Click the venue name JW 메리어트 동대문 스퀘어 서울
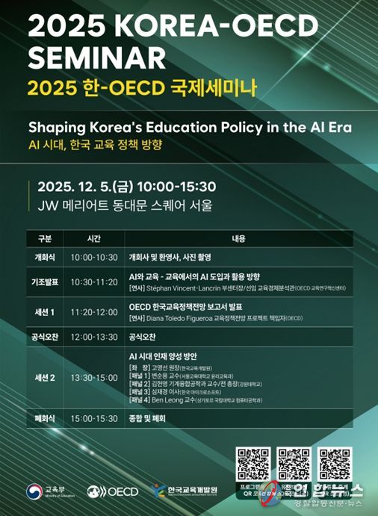coord(120,204)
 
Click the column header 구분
coord(45,239)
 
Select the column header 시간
coord(94,239)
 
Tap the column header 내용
coord(239,239)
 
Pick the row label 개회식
coord(45,256)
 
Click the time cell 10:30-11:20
coord(94,282)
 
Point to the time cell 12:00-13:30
coord(94,337)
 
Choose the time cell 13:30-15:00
coord(94,377)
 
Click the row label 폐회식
coord(45,419)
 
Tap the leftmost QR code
coord(252,463)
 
